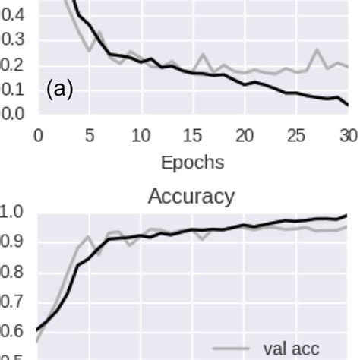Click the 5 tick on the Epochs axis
point(89,137)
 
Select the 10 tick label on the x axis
point(141,137)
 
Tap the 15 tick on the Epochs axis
point(193,137)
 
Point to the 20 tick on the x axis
point(245,137)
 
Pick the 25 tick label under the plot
point(297,137)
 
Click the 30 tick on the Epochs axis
point(348,137)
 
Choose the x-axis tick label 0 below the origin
point(37,137)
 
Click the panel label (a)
point(60,90)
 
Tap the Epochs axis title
point(193,163)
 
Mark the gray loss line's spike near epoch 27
point(317,50)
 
